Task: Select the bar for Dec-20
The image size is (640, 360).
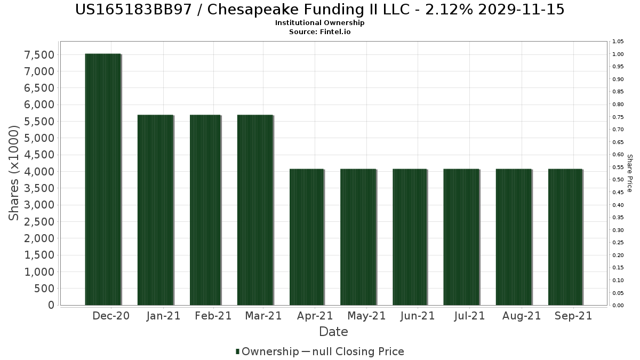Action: click(103, 179)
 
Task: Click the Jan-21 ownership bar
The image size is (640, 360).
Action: click(155, 210)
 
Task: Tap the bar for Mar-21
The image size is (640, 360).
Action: click(255, 210)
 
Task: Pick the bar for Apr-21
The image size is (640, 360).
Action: click(307, 237)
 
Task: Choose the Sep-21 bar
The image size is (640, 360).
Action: click(565, 237)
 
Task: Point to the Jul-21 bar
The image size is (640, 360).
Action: click(461, 237)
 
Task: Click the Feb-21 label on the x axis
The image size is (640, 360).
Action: click(213, 316)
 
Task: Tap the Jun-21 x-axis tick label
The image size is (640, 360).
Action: click(418, 316)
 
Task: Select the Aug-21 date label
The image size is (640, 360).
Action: click(522, 316)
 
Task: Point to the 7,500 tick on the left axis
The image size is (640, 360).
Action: click(39, 55)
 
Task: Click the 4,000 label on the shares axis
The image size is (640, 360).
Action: click(39, 172)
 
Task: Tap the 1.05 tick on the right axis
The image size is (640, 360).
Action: click(618, 42)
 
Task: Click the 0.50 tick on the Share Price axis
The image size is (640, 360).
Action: click(618, 180)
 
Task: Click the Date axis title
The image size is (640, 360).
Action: click(333, 332)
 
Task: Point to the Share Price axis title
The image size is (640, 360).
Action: click(629, 173)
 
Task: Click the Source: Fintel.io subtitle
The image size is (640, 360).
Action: click(320, 31)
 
